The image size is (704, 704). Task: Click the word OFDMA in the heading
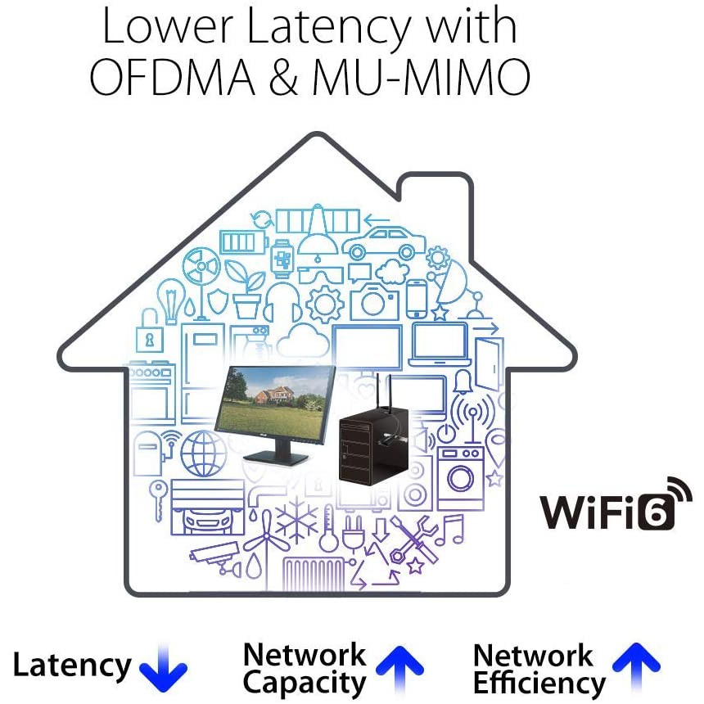[173, 77]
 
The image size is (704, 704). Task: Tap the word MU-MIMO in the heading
[421, 77]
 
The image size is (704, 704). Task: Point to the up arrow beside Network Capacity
[399, 669]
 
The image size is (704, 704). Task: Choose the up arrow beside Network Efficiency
[636, 666]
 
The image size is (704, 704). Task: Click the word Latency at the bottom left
[72, 666]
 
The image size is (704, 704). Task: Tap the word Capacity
[305, 683]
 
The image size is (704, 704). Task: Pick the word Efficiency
[539, 683]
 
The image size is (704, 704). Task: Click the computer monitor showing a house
[275, 413]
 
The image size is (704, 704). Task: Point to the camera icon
[374, 302]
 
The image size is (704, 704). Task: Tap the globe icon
[203, 454]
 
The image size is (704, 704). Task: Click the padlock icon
[150, 332]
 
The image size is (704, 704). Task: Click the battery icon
[243, 242]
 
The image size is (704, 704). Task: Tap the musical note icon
[450, 530]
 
